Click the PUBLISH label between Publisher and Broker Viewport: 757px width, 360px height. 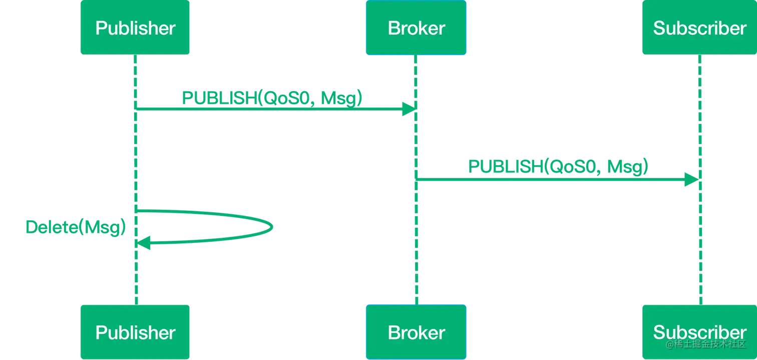[x=270, y=98]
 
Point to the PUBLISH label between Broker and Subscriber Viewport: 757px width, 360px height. [x=558, y=167]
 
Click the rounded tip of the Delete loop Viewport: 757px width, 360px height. [x=272, y=227]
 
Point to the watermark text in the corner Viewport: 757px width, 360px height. [x=706, y=345]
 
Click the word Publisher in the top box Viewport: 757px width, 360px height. [x=135, y=28]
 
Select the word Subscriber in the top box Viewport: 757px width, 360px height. [x=699, y=28]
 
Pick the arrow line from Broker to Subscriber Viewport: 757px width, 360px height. [x=551, y=179]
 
